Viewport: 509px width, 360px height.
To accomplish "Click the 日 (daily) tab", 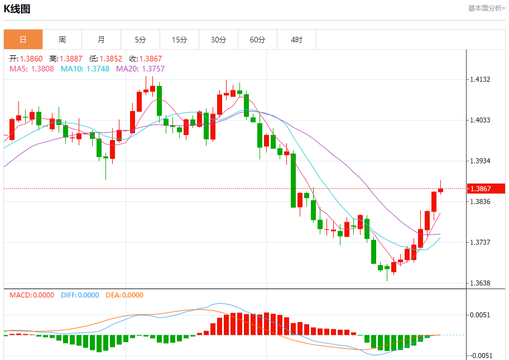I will click(23, 40).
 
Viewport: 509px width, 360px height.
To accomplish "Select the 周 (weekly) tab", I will click(62, 40).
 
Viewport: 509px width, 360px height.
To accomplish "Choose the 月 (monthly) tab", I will click(101, 40).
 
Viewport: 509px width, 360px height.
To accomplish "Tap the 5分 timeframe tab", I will click(140, 40).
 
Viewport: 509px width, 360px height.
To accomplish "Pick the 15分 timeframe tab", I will click(179, 40).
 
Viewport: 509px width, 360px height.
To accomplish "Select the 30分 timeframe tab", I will click(219, 40).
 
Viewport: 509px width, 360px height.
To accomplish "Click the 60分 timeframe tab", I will click(258, 40).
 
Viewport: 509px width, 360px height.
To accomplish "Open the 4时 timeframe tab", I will click(297, 40).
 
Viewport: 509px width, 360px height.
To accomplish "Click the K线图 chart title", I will click(19, 9).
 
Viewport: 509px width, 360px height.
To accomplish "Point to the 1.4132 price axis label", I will click(480, 80).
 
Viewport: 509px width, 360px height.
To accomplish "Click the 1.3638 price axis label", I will click(480, 284).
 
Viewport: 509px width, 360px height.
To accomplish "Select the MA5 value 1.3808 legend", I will click(32, 69).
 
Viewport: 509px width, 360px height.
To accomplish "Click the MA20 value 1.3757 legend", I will click(140, 69).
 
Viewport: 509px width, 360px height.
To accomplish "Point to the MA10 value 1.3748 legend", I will click(86, 69).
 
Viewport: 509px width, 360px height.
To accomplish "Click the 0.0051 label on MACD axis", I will click(480, 315).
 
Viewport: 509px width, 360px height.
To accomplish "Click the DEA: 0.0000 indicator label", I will click(123, 295).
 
